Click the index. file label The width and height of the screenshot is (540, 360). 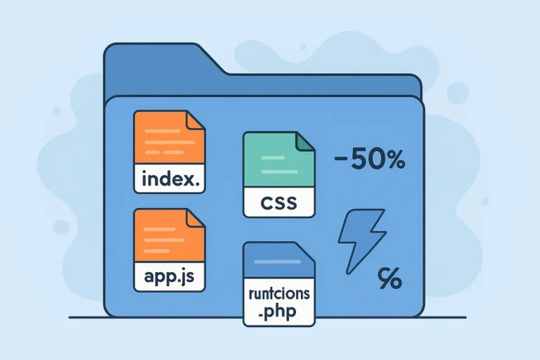(171, 179)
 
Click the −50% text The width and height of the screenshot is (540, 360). (369, 161)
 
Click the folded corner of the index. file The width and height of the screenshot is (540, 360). (195, 121)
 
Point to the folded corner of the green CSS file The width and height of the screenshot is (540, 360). (305, 142)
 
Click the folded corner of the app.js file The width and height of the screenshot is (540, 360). (195, 219)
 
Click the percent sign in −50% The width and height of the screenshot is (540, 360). (393, 161)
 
